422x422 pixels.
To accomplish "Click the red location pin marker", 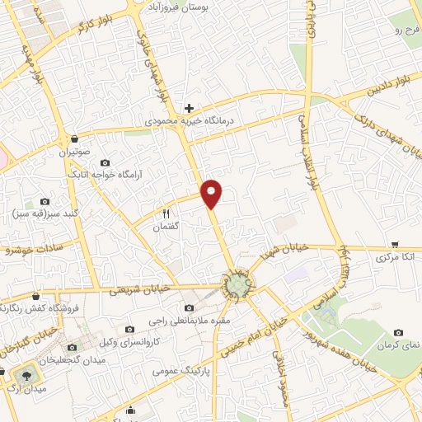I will pos(213,193).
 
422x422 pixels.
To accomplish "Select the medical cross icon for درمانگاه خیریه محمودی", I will pos(190,108).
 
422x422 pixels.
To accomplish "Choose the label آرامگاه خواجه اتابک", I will pos(105,175).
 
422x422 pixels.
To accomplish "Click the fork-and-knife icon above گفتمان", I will pos(166,213).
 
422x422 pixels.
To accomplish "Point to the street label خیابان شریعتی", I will pos(139,289).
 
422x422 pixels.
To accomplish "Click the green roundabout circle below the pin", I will pos(237,285).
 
